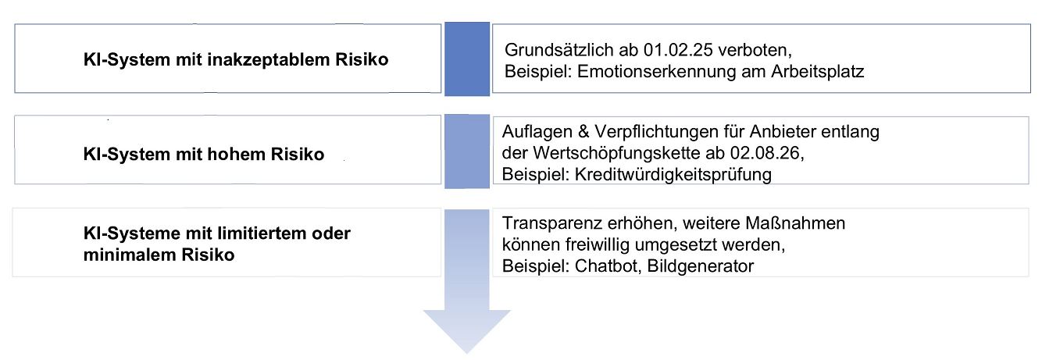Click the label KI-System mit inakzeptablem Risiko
(235, 60)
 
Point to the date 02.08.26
(771, 153)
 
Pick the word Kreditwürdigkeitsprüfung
(673, 174)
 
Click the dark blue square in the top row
(467, 59)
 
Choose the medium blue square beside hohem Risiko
(467, 151)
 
